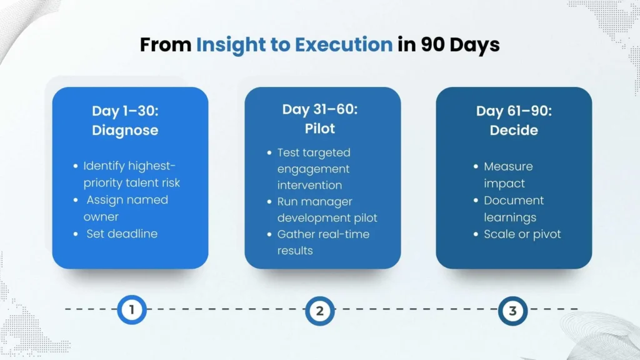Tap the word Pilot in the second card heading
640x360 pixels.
(319, 128)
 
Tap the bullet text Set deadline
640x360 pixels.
(122, 234)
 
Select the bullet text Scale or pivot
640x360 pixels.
(522, 234)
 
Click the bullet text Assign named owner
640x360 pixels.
(126, 208)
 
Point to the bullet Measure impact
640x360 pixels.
(507, 175)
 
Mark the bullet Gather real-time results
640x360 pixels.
(322, 242)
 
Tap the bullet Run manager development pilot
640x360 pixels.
(327, 209)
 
